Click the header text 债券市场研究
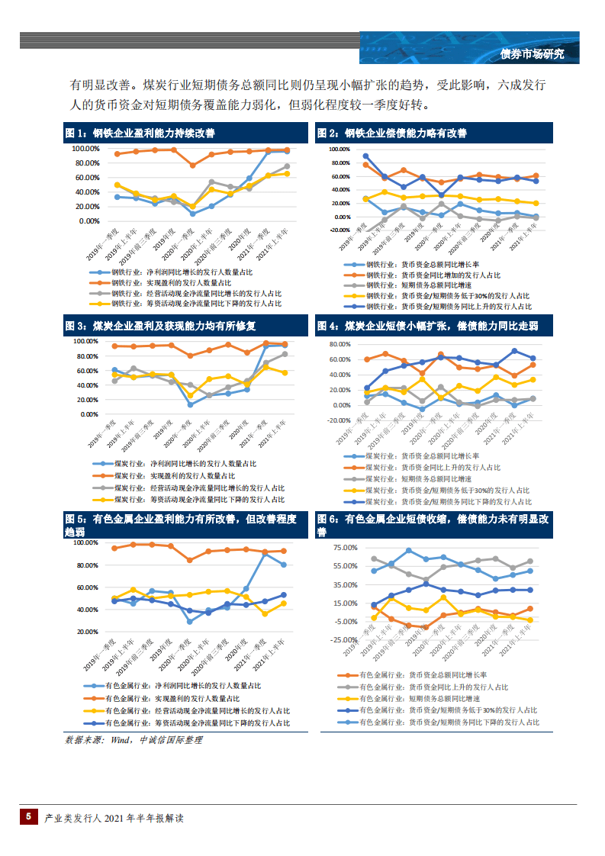pyautogui.click(x=532, y=53)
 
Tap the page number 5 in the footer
pyautogui.click(x=28, y=816)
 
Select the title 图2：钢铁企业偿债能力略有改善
pyautogui.click(x=391, y=134)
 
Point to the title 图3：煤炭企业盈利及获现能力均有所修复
pyautogui.click(x=156, y=326)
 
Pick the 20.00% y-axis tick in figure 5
pyautogui.click(x=86, y=632)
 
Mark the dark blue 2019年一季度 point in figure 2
pyautogui.click(x=366, y=156)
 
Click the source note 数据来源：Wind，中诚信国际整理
pyautogui.click(x=134, y=739)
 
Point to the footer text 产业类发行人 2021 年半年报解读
pyautogui.click(x=114, y=818)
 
